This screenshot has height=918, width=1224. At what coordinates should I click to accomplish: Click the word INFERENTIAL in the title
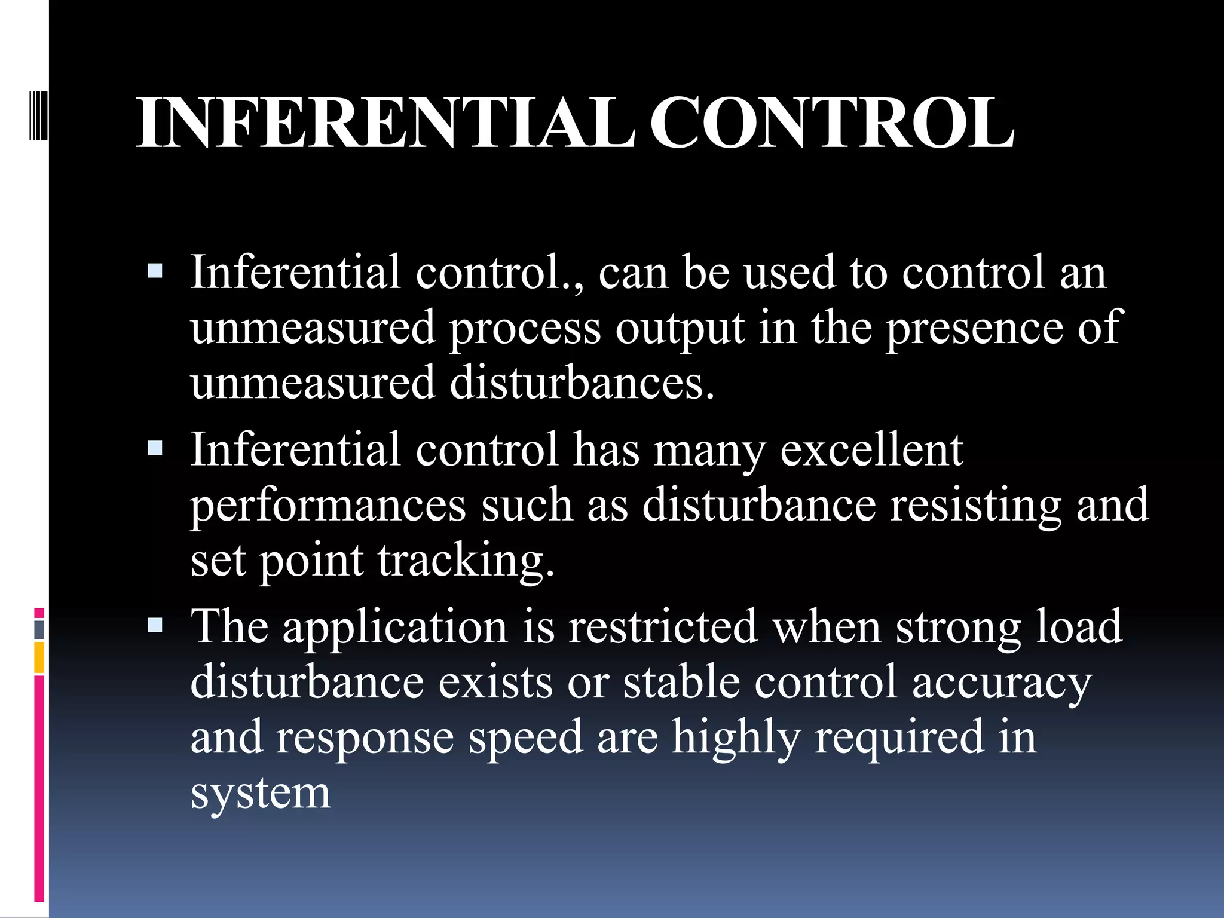point(385,124)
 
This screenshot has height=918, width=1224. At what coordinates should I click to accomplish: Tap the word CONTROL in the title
point(832,124)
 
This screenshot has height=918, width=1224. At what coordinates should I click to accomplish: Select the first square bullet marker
point(155,272)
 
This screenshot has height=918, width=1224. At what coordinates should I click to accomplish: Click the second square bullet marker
point(155,448)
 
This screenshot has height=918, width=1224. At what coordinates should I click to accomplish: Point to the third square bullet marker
point(155,625)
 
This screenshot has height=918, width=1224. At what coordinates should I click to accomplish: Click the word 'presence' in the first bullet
point(974,329)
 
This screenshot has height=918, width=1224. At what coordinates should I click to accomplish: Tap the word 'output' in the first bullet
point(680,329)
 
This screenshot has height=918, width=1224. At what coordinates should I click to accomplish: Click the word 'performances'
point(328,506)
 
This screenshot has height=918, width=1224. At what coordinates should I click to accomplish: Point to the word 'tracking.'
point(466,562)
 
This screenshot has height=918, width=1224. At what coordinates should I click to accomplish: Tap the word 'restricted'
point(663,626)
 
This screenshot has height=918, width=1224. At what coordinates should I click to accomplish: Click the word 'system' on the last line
point(261,794)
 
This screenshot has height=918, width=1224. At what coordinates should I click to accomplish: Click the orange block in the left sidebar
point(39,657)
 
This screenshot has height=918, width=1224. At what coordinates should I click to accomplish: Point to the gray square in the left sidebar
point(39,629)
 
